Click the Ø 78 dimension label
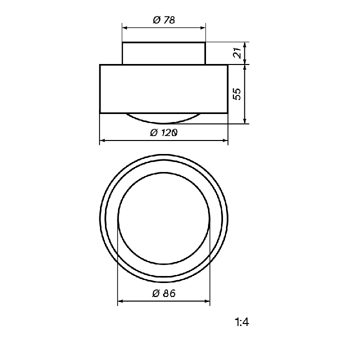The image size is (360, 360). pos(164,20)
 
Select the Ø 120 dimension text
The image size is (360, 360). pos(164,132)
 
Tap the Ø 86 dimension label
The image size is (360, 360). pos(164,293)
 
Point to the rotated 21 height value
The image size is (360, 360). pos(237,53)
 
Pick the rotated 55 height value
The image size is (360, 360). pos(237,94)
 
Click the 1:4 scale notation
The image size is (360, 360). pos(242,322)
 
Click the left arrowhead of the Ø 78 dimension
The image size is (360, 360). pos(124,28)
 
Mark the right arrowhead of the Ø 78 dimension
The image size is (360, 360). pos(203,28)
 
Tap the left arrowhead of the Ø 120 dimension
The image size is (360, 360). pos(102,140)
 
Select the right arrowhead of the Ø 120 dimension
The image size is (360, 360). pos(225,140)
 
